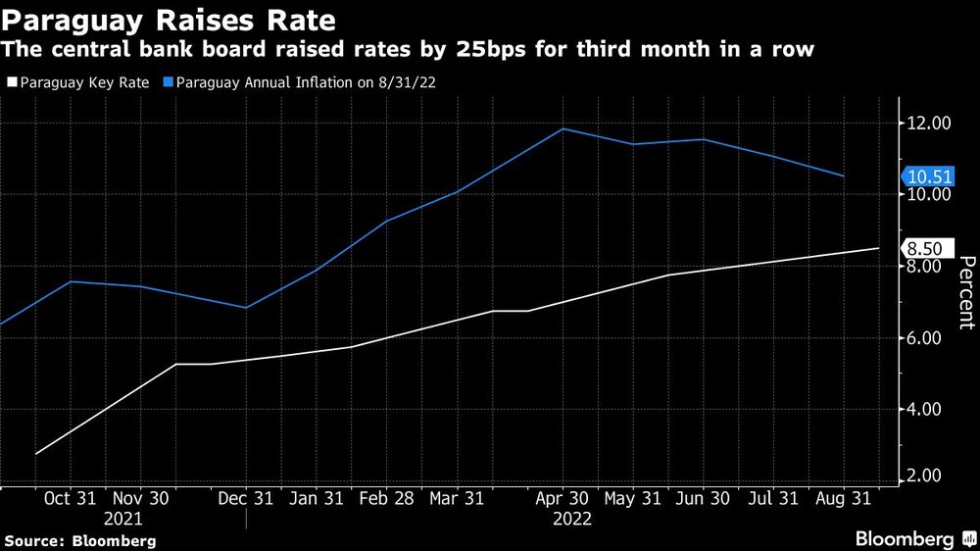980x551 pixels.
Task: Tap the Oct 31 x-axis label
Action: coord(69,499)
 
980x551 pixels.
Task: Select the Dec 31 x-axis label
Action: coord(246,499)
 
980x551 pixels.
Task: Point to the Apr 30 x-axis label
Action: coord(563,499)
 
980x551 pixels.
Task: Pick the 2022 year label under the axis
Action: coord(571,519)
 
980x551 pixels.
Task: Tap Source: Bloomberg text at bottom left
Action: coord(79,540)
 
